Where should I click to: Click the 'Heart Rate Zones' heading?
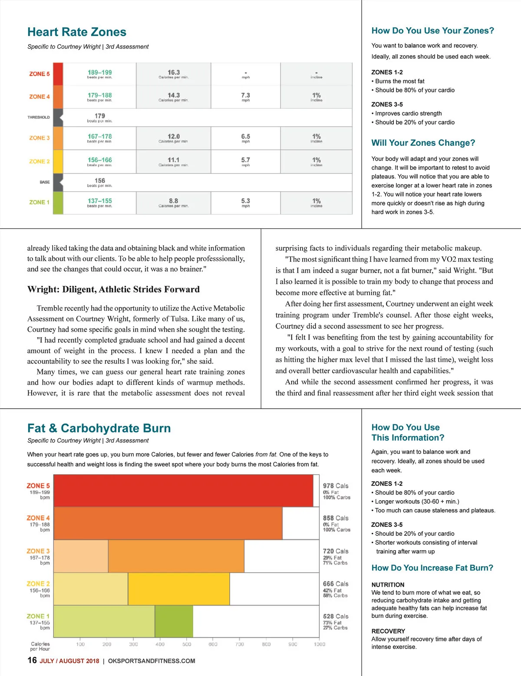coord(77,32)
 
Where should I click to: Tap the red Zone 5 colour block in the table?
coord(58,74)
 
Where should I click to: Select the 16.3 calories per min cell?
coord(173,74)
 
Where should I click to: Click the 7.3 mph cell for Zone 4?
coord(246,96)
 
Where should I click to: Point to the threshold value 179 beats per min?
coord(100,117)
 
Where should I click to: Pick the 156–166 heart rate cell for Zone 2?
coord(100,161)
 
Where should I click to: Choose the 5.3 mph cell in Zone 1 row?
coord(246,203)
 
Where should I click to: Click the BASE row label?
coord(45,182)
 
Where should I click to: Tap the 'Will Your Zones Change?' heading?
coord(423,143)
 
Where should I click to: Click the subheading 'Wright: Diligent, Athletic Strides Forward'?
coord(113,289)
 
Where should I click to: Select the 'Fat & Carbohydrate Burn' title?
coord(99,428)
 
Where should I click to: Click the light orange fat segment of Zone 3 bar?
coord(81,556)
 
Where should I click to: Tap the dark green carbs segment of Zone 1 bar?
coord(174,621)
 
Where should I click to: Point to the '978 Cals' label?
coord(335,486)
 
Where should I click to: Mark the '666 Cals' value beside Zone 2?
coord(335,584)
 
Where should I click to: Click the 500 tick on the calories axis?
coord(187,644)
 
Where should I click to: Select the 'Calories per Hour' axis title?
coord(40,646)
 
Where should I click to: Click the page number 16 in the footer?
coord(32,660)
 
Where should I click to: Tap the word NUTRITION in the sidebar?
coord(388,585)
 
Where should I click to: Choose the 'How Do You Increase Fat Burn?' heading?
coord(432,568)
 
